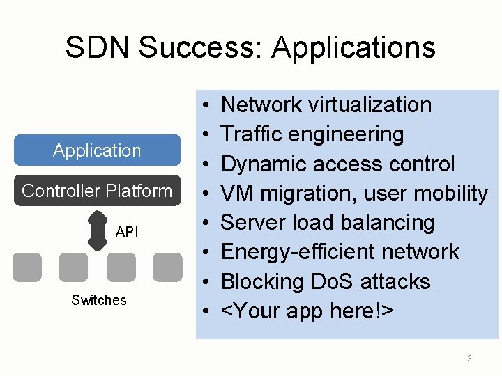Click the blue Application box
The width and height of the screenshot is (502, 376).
point(97,150)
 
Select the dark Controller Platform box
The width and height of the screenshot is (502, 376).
point(97,191)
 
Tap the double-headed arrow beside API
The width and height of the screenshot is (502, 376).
point(97,230)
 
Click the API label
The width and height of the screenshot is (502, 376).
point(127,231)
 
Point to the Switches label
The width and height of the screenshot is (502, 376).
point(99,300)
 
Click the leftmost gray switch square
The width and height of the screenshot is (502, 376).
point(26,267)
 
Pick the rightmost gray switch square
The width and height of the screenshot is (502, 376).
point(167,267)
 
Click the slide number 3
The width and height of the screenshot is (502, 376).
point(469,359)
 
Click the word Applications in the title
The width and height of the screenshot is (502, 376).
point(353,47)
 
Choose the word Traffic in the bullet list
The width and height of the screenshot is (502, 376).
point(252,134)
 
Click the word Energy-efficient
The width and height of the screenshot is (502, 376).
point(298,252)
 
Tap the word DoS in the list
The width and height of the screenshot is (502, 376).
point(332,282)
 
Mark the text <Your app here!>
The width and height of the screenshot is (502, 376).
point(307,311)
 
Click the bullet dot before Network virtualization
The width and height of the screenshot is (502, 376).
point(209,106)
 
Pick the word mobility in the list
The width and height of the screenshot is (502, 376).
point(449,193)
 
